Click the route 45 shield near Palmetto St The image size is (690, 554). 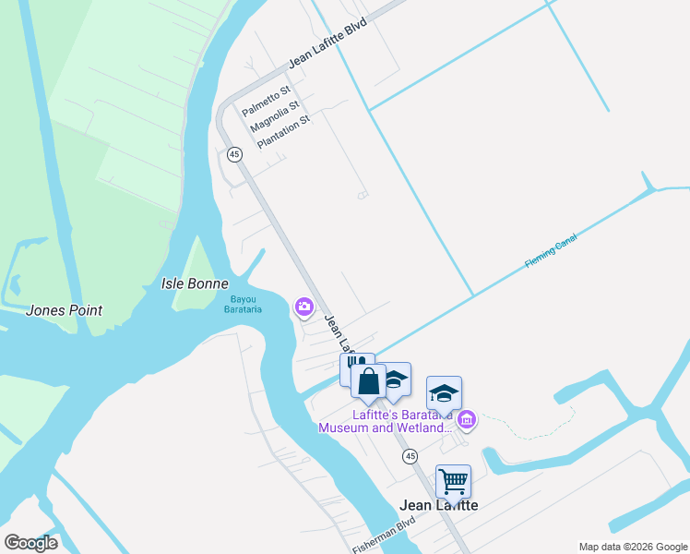pos(235,155)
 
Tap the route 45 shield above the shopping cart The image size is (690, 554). pos(410,456)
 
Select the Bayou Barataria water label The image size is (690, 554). pos(245,304)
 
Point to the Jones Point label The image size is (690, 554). pos(65,311)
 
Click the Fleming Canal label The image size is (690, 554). pos(552,251)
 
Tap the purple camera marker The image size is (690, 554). pos(303,307)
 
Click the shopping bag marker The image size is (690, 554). pos(368,381)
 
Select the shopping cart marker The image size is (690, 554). pos(453,480)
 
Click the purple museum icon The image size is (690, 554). pos(467,421)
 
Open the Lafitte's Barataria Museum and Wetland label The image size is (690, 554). pos(387,421)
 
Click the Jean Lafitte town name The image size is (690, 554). pos(439,505)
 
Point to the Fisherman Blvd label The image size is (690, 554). pos(384,536)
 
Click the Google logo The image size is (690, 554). pos(30,543)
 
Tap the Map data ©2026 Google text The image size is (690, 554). pos(632,547)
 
